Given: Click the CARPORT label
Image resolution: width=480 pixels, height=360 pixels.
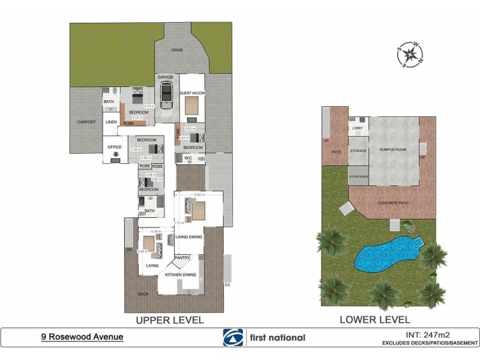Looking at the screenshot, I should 87,122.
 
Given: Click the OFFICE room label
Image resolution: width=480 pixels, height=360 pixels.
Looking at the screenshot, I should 114,146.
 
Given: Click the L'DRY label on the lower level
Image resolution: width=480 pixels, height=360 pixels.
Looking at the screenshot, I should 358,128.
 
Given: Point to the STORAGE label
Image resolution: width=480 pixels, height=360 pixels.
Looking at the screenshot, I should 358,151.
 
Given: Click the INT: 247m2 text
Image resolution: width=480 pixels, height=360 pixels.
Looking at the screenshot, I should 420,334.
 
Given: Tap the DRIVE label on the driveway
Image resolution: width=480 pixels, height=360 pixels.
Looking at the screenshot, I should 176,50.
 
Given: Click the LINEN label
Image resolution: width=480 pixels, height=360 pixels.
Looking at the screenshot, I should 112,122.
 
